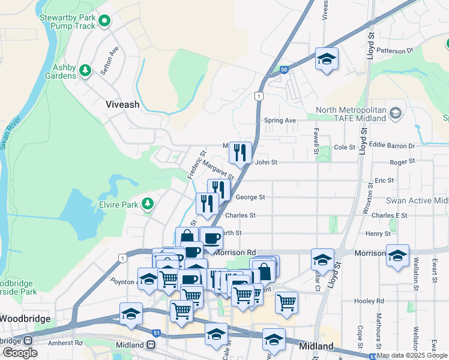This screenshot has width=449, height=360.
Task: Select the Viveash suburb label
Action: click(x=122, y=104)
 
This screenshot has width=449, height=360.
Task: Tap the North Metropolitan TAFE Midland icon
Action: click(x=395, y=113)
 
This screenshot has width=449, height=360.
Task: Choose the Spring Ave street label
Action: click(x=280, y=121)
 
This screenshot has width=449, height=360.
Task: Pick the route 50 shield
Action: click(x=283, y=71)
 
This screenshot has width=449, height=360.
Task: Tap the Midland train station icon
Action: click(x=152, y=345)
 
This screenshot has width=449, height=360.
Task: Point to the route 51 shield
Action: click(x=155, y=332)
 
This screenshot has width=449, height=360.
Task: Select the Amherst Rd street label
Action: click(x=65, y=343)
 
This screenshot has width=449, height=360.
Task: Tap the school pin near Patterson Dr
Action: click(x=327, y=59)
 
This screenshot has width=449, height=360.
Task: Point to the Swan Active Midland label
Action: click(x=417, y=200)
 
